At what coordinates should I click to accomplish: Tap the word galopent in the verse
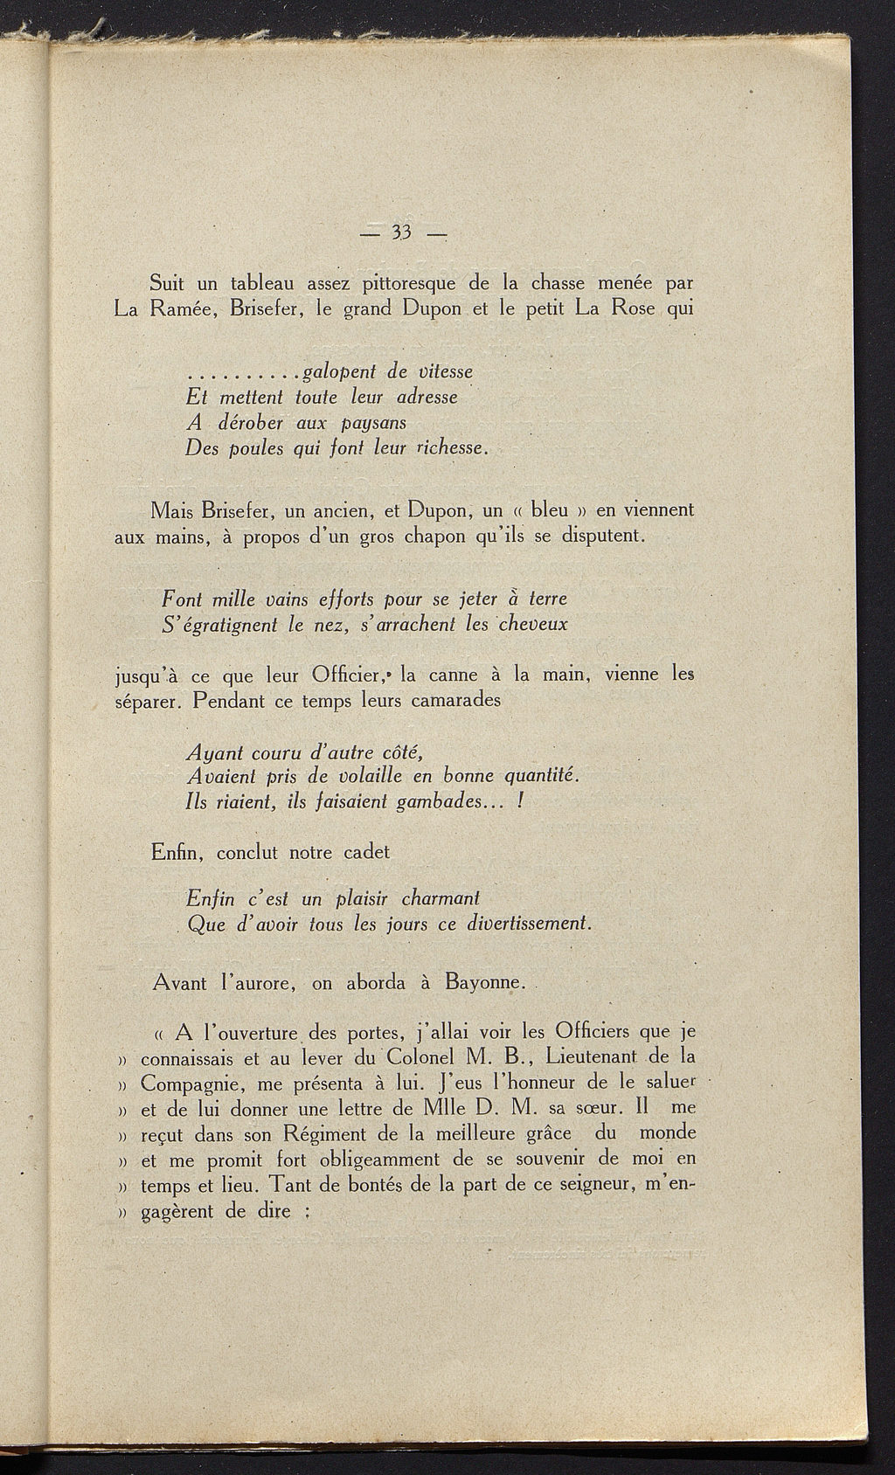(337, 372)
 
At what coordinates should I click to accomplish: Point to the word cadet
(366, 852)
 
